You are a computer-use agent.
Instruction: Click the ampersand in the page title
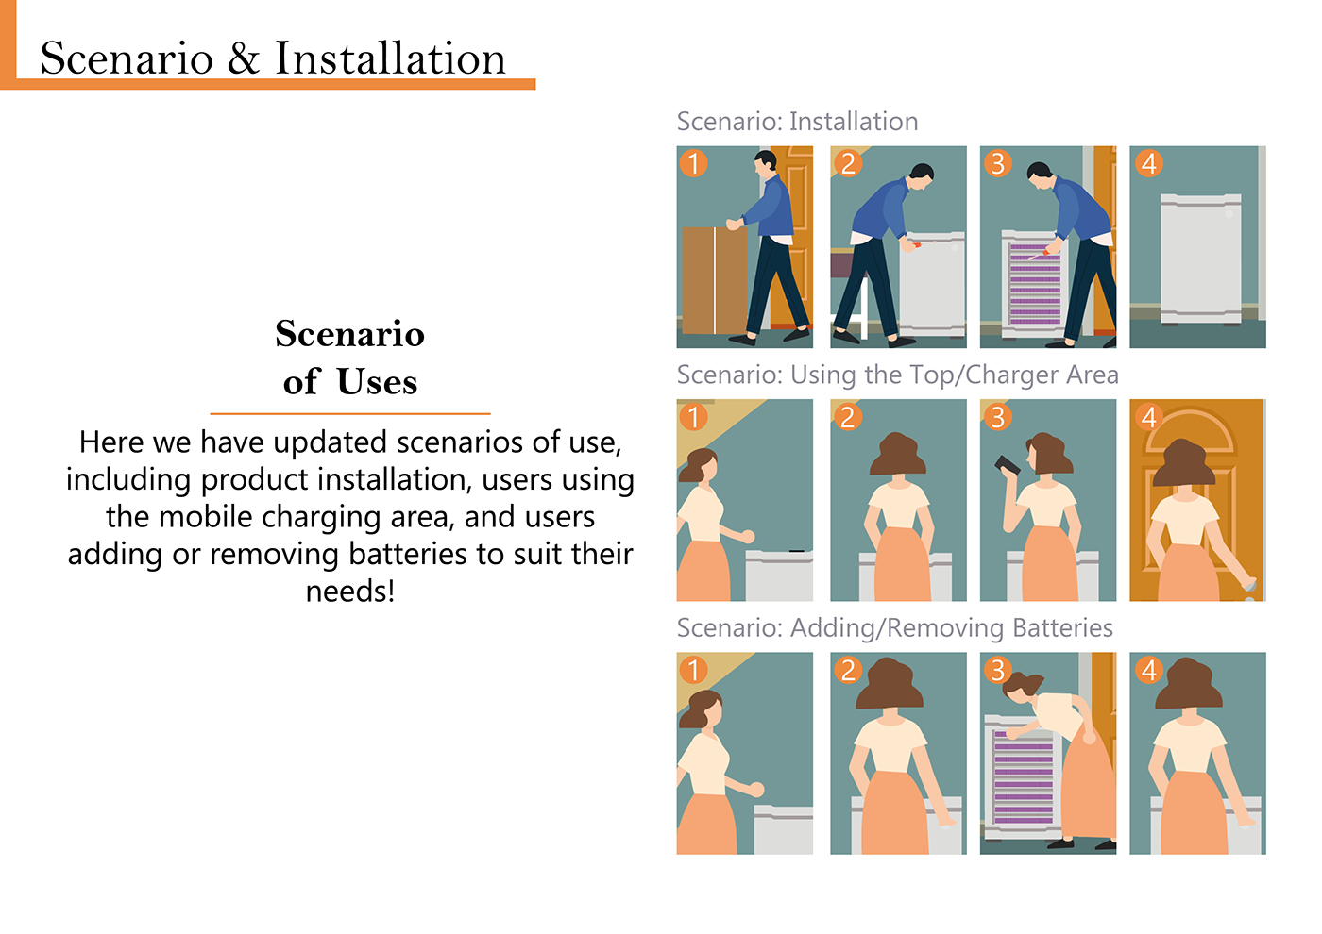pyautogui.click(x=244, y=58)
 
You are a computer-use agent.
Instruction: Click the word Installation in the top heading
pyautogui.click(x=390, y=58)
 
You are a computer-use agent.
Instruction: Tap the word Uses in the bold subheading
pyautogui.click(x=377, y=381)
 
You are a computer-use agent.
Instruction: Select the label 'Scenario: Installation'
pyautogui.click(x=797, y=122)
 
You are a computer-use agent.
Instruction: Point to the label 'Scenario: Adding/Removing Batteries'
pyautogui.click(x=895, y=628)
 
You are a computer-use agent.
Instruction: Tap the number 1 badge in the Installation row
pyautogui.click(x=693, y=163)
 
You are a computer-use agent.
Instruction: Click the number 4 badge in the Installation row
pyautogui.click(x=1148, y=163)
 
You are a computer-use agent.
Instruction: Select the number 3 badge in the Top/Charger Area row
pyautogui.click(x=997, y=417)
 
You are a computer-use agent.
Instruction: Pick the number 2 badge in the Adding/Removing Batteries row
pyautogui.click(x=848, y=670)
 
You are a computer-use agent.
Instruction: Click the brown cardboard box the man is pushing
pyautogui.click(x=715, y=281)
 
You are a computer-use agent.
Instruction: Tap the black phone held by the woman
pyautogui.click(x=1007, y=465)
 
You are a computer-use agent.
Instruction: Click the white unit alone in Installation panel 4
pyautogui.click(x=1200, y=259)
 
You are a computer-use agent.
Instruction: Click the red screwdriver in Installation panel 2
pyautogui.click(x=915, y=244)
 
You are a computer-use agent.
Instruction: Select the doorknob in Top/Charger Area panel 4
pyautogui.click(x=1248, y=586)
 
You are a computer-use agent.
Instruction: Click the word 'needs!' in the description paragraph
pyautogui.click(x=350, y=591)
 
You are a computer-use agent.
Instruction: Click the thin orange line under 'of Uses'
pyautogui.click(x=350, y=414)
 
